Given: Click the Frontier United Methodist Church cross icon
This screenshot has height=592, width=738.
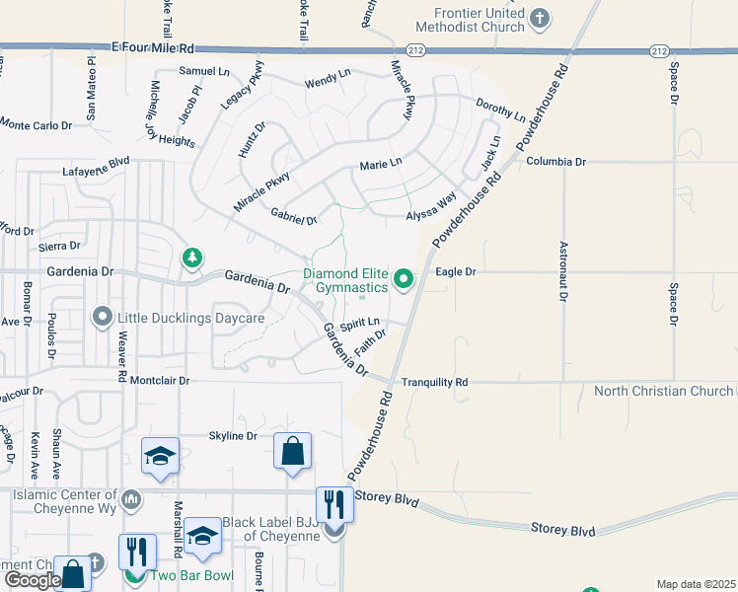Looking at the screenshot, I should [540, 17].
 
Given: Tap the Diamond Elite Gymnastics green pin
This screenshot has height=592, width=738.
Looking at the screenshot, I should [403, 280].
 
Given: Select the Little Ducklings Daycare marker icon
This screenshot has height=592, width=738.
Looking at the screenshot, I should [102, 318].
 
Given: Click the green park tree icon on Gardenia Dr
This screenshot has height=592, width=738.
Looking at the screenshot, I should [191, 259].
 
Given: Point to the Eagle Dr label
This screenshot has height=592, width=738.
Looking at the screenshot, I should [456, 271].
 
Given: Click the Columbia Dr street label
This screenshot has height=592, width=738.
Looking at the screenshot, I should [555, 161].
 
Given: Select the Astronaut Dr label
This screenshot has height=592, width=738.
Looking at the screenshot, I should [563, 271].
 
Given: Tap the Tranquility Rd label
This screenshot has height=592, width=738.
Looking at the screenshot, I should [434, 382].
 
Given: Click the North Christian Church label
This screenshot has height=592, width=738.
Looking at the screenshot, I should [663, 392].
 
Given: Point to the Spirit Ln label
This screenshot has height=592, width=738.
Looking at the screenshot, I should [360, 323].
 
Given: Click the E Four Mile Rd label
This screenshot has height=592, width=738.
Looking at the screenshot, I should [153, 47].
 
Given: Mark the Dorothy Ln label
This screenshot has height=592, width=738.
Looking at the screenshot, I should [500, 109].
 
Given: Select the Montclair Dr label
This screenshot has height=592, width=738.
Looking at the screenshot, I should [159, 380].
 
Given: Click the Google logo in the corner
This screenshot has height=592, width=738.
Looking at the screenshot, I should [32, 580].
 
